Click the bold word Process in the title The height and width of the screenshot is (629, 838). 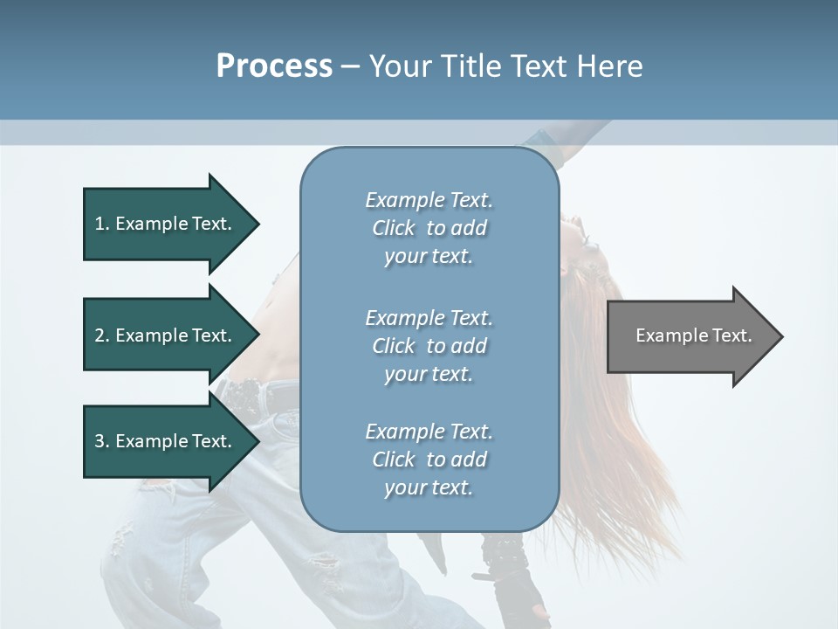pyautogui.click(x=274, y=66)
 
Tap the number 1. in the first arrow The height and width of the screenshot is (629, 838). pyautogui.click(x=102, y=224)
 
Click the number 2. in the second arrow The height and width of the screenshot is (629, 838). pyautogui.click(x=102, y=335)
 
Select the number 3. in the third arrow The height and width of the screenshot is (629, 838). pyautogui.click(x=102, y=441)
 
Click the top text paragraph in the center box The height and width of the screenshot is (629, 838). pyautogui.click(x=429, y=228)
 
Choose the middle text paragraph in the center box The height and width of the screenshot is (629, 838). pyautogui.click(x=429, y=346)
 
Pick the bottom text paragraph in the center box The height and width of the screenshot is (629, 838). pyautogui.click(x=429, y=460)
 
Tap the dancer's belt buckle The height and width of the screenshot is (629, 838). pyautogui.click(x=285, y=421)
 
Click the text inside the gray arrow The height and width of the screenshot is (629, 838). pyautogui.click(x=693, y=335)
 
